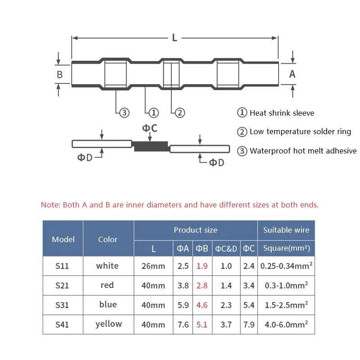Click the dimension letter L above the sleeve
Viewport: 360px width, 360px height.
[175, 38]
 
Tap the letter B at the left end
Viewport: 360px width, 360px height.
[59, 74]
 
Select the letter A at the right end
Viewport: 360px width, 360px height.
[292, 74]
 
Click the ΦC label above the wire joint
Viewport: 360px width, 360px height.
[150, 128]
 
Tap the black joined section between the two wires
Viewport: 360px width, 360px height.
[151, 145]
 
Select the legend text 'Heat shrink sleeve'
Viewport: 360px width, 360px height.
[282, 113]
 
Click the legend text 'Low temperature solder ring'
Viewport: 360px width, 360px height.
[300, 132]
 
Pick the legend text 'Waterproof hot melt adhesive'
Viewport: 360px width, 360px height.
[303, 151]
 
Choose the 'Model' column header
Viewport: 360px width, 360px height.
[63, 239]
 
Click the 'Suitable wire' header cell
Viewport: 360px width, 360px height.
[286, 230]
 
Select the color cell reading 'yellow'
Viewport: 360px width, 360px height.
[108, 324]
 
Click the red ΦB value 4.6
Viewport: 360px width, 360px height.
[202, 305]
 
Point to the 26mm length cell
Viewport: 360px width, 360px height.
[153, 266]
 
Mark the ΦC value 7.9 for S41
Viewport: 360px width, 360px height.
[249, 324]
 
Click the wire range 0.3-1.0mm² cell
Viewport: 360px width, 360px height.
[286, 285]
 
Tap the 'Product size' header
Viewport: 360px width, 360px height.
[195, 230]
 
